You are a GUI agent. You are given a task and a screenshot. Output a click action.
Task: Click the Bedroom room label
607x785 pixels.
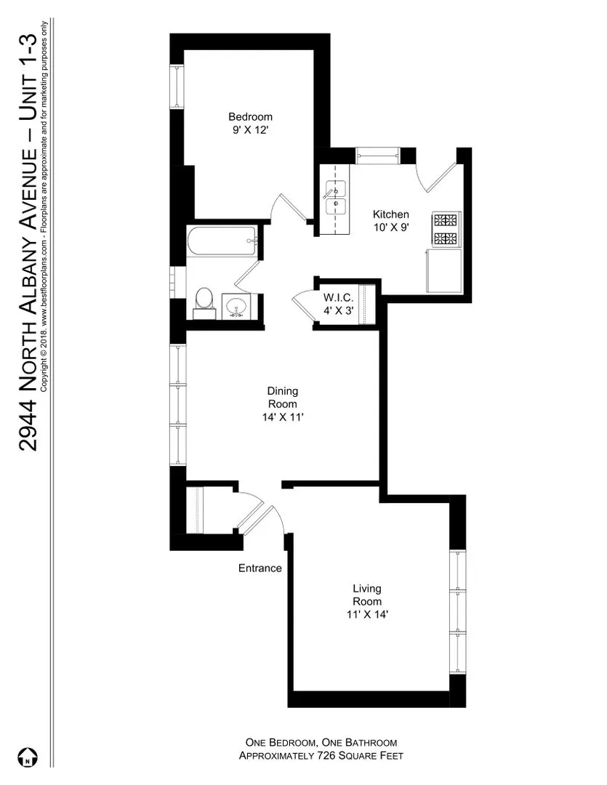(x=250, y=117)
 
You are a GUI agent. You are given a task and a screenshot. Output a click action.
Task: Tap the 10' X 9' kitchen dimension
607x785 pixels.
(x=391, y=228)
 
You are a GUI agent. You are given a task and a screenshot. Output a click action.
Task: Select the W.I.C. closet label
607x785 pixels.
(x=339, y=297)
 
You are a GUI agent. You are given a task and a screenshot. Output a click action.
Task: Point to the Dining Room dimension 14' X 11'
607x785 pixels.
(x=282, y=417)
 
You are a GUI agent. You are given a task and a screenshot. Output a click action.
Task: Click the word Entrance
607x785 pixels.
(x=260, y=568)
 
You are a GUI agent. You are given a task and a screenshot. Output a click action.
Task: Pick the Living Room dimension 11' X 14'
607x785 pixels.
(x=367, y=615)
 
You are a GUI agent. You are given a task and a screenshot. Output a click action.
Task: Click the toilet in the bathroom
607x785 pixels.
(x=204, y=302)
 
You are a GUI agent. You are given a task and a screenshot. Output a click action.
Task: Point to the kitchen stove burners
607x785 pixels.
(x=446, y=229)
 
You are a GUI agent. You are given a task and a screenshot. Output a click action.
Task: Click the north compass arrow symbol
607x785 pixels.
(x=26, y=757)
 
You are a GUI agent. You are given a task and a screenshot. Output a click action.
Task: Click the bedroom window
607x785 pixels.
(x=177, y=89)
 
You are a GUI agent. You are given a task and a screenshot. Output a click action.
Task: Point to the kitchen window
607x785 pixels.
(x=377, y=154)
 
